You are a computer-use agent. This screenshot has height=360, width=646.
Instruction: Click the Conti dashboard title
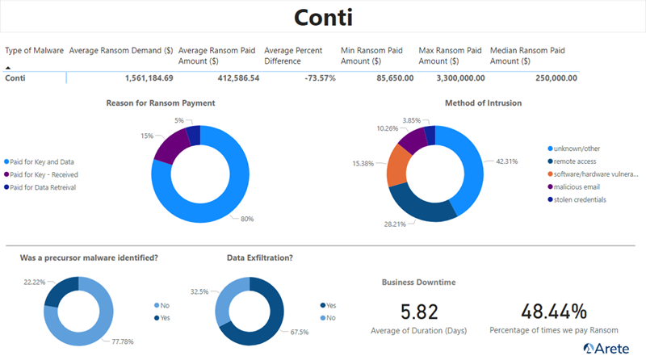(x=323, y=17)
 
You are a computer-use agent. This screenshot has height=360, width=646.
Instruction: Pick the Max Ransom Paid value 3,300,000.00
(x=455, y=78)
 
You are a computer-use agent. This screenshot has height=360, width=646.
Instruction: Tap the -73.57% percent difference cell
(x=316, y=78)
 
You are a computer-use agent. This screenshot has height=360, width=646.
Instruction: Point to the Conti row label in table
(x=19, y=78)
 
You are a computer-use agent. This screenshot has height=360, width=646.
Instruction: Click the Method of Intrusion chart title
(x=483, y=103)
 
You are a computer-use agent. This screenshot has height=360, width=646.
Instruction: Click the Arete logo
(x=607, y=349)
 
